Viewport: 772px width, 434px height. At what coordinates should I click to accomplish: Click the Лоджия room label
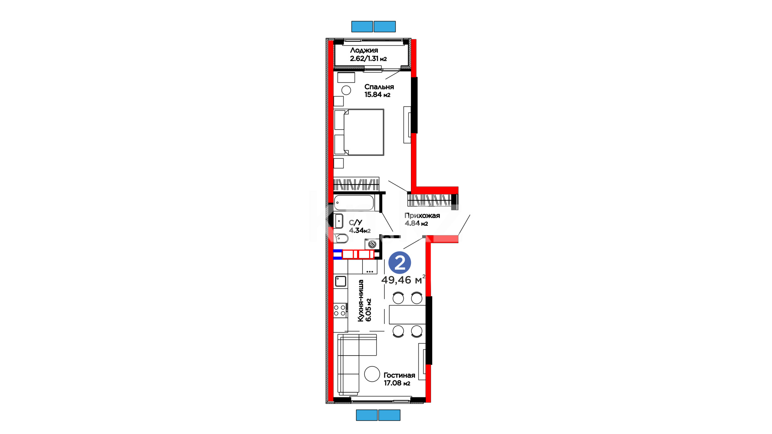[x=364, y=50]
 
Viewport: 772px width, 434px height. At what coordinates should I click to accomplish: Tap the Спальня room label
[x=379, y=87]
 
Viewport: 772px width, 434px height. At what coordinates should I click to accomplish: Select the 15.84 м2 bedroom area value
[x=377, y=95]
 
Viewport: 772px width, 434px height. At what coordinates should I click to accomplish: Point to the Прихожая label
[x=422, y=215]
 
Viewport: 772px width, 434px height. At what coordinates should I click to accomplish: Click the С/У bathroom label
[x=355, y=223]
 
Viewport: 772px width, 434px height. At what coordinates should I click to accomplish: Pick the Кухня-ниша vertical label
[x=361, y=301]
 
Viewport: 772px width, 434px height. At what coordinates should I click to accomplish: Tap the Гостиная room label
[x=399, y=375]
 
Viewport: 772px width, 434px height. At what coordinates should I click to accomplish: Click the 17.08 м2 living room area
[x=397, y=383]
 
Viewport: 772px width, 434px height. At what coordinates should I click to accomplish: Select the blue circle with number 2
[x=400, y=263]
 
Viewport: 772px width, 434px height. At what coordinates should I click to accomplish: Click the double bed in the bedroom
[x=359, y=132]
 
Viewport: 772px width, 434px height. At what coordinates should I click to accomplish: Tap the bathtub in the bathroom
[x=354, y=203]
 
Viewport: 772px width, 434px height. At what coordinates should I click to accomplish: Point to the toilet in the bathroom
[x=341, y=238]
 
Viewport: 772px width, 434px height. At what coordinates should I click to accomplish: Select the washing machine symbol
[x=372, y=244]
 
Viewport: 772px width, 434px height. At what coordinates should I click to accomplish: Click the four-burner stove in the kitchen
[x=340, y=310]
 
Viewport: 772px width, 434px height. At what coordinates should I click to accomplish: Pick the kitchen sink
[x=341, y=281]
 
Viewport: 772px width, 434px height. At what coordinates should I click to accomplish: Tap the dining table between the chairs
[x=407, y=315]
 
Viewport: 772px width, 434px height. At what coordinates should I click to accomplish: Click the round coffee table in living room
[x=372, y=374]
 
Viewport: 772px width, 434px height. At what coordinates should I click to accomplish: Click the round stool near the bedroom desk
[x=346, y=90]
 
